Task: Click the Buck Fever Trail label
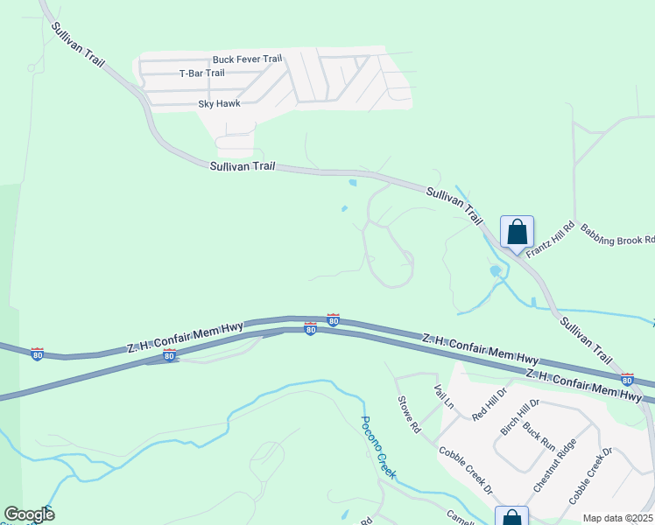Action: [247, 59]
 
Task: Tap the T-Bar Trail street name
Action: [201, 73]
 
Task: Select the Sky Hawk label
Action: [218, 104]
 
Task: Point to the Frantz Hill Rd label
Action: [549, 239]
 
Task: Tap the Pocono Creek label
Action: [379, 447]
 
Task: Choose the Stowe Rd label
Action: [410, 416]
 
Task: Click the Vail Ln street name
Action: [444, 396]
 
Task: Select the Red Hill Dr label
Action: [489, 403]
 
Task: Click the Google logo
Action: [29, 514]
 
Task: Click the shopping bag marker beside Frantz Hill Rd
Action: [517, 232]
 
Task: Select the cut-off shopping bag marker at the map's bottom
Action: [512, 517]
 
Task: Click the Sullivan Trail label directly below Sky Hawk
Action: [243, 165]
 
